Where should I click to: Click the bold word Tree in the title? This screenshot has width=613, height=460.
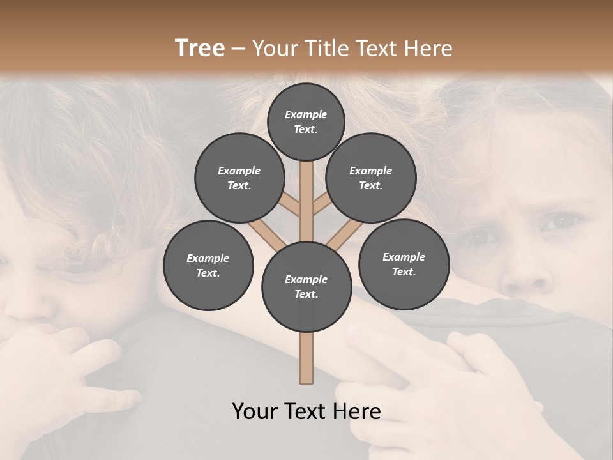[x=200, y=49]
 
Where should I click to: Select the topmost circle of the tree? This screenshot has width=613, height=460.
[x=306, y=121]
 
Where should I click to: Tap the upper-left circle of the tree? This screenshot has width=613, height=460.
[x=239, y=178]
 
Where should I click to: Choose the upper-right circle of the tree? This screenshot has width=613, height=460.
[x=371, y=178]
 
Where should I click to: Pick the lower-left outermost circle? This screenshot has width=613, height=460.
[x=208, y=266]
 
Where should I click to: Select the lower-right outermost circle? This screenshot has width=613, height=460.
[x=404, y=264]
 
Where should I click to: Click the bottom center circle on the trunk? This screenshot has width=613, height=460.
[x=306, y=287]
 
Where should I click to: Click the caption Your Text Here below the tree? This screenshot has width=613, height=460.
[x=306, y=411]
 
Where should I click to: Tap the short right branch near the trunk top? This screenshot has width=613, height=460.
[x=321, y=204]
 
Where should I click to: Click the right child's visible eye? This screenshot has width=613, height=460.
[x=561, y=222]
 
